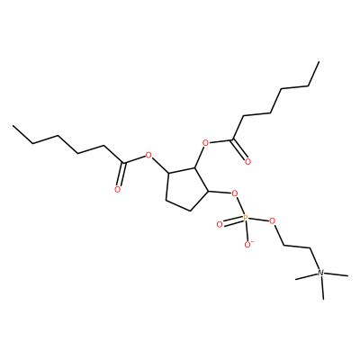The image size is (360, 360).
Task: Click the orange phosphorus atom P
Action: click(x=246, y=218)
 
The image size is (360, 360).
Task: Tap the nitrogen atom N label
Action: click(x=320, y=273)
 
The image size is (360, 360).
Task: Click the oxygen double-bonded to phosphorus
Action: click(x=220, y=224)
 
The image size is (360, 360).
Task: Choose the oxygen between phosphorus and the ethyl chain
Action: click(x=272, y=221)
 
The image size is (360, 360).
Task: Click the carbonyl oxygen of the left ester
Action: click(x=117, y=189)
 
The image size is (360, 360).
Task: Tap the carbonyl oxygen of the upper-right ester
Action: click(x=247, y=162)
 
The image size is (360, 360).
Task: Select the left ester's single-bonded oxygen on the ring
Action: click(x=148, y=156)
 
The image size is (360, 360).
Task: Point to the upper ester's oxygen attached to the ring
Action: click(x=205, y=142)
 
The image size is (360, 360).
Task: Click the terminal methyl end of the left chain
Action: click(x=13, y=126)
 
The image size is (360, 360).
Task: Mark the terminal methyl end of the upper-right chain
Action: click(x=319, y=62)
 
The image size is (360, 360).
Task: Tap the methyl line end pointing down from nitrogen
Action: click(x=323, y=299)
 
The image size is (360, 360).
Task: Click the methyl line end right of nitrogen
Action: click(x=348, y=275)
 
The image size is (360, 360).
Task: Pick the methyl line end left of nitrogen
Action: click(x=296, y=279)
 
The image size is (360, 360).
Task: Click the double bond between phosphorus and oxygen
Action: click(x=232, y=221)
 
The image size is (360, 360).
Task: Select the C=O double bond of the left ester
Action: click(x=121, y=175)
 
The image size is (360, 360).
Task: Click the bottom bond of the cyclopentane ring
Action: click(x=178, y=205)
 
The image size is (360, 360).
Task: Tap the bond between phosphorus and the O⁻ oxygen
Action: click(x=247, y=231)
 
